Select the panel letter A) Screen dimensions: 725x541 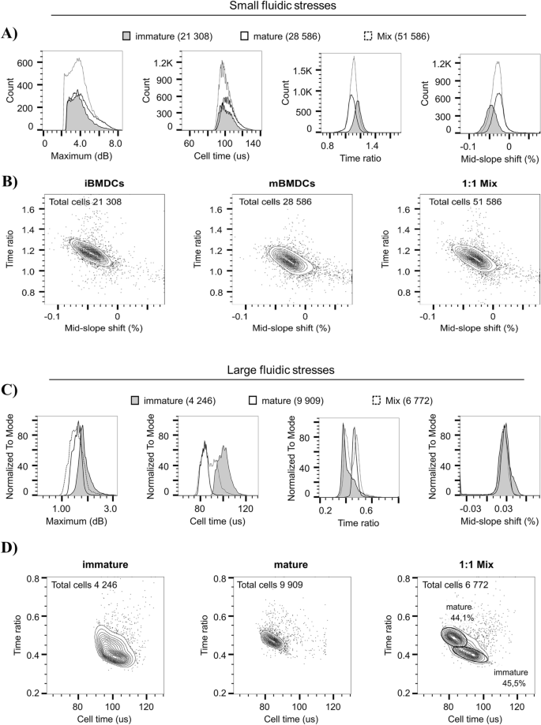coord(10,33)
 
